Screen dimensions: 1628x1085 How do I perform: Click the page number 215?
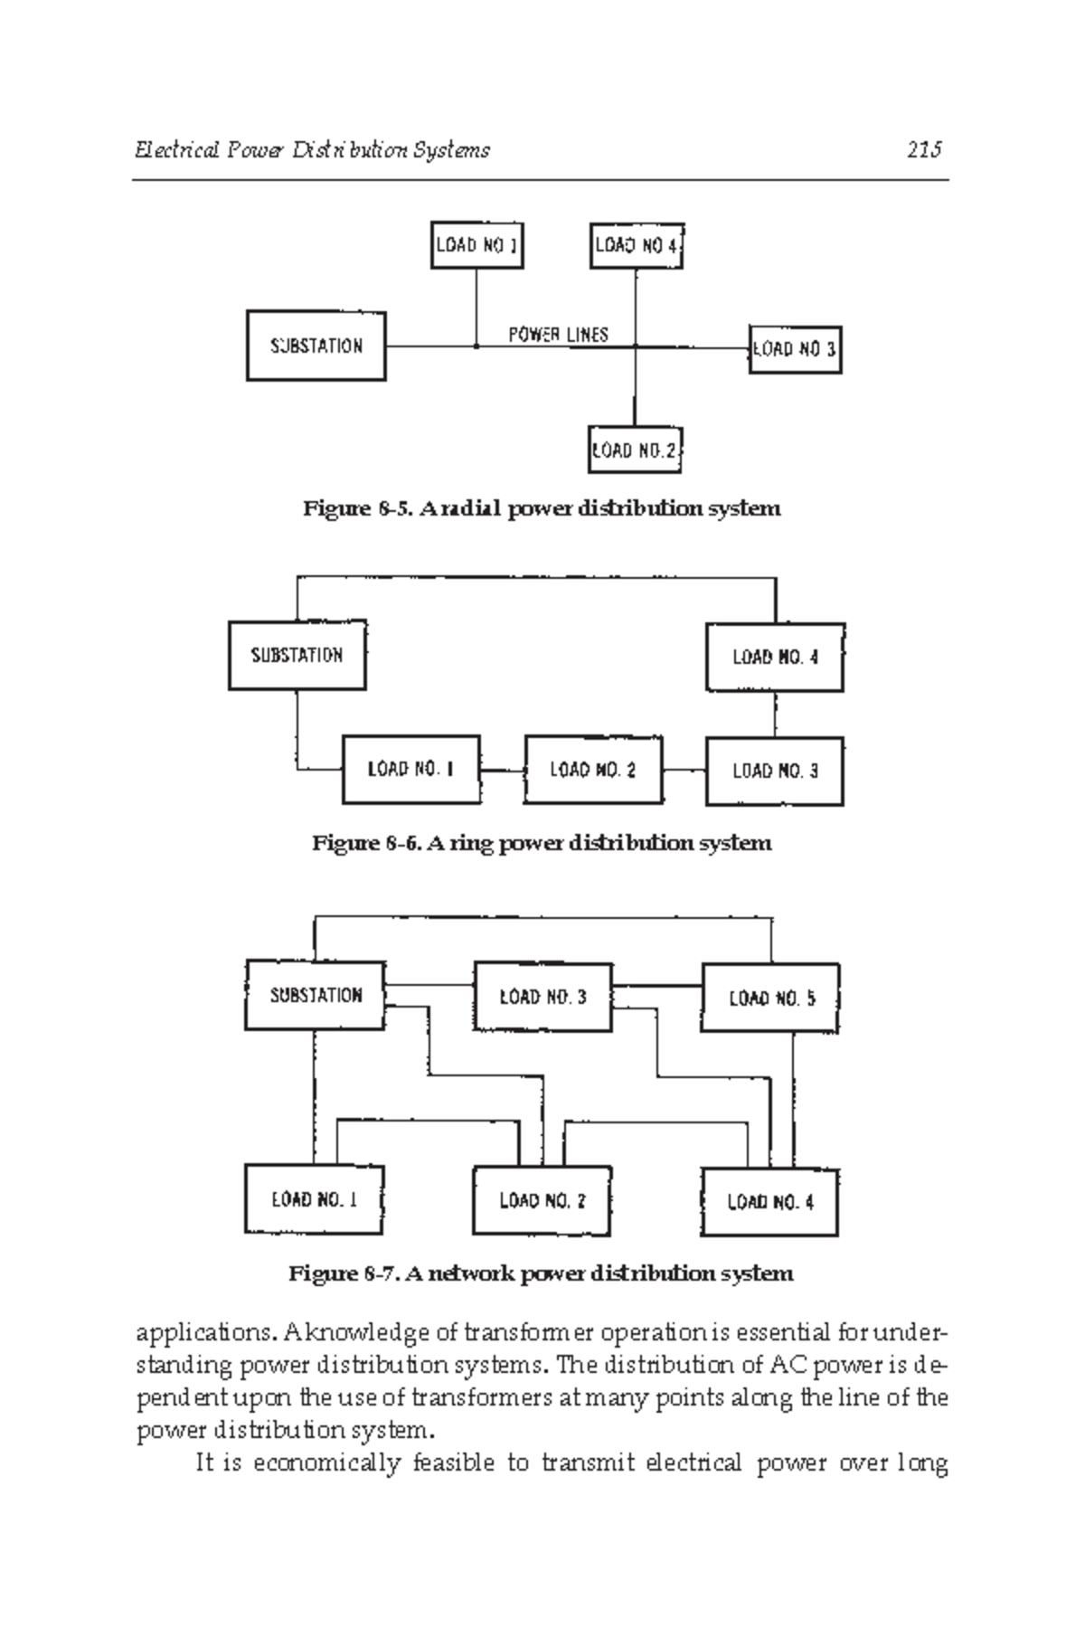coord(924,150)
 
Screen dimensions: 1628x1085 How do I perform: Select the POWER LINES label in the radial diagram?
coord(558,335)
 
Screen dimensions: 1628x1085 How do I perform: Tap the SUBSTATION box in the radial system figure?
coord(316,346)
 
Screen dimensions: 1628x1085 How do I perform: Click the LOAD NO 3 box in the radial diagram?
coord(795,350)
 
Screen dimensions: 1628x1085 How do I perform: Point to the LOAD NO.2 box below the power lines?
coord(634,450)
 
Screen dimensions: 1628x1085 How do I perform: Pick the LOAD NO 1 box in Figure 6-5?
coord(476,245)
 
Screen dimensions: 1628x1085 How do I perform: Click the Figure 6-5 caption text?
coord(542,508)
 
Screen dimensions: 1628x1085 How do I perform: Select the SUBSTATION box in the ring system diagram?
coord(297,656)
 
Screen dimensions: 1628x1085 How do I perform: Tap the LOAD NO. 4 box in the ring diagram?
coord(775,658)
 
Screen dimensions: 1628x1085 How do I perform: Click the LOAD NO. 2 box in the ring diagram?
coord(593,771)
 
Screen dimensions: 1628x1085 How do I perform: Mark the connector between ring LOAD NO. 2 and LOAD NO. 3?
coord(684,771)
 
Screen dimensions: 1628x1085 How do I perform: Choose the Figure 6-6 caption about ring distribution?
coord(542,844)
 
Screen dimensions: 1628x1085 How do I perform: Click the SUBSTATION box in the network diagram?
coord(316,996)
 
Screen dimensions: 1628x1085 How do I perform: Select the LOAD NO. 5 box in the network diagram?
coord(770,999)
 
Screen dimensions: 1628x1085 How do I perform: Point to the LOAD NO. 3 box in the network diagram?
coord(542,998)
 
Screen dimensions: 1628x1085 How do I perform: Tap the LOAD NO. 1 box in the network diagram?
coord(314,1200)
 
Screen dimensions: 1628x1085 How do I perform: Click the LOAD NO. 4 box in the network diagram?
coord(770,1202)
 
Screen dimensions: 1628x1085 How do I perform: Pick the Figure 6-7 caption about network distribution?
coord(542,1274)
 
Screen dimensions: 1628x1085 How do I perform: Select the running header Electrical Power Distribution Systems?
coord(312,150)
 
